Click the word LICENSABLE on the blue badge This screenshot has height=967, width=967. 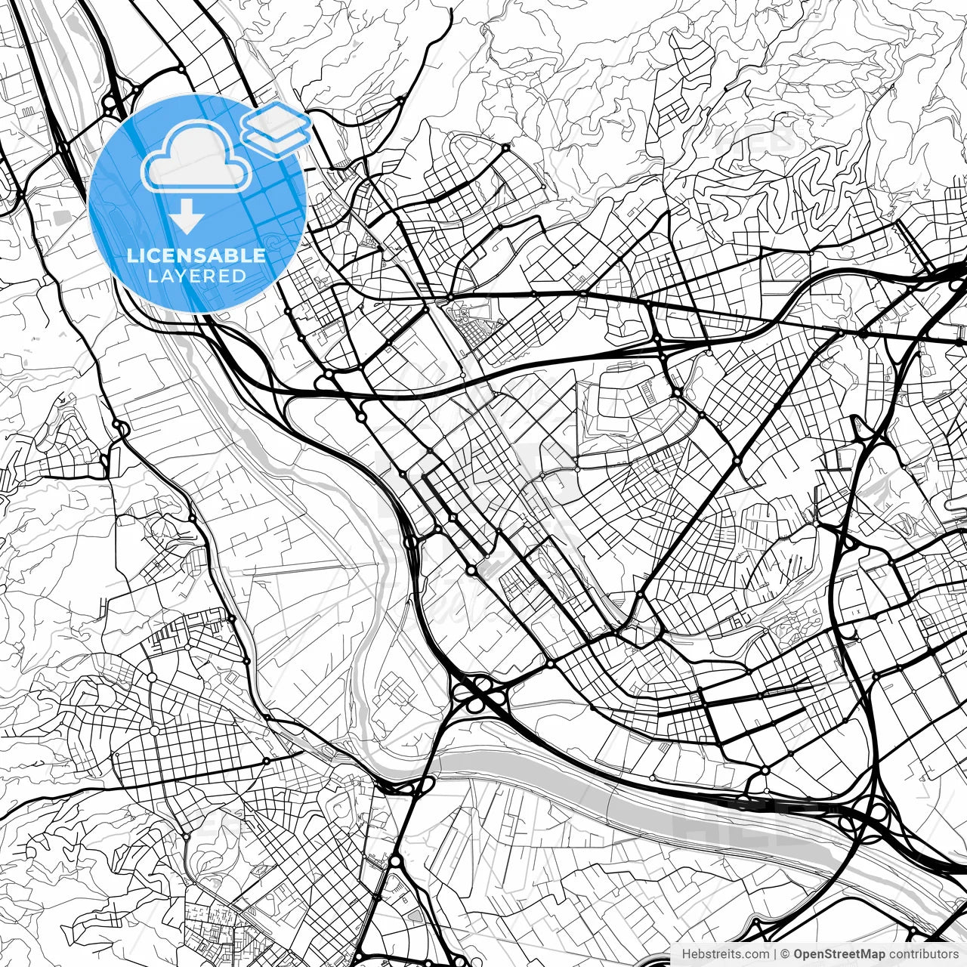196,255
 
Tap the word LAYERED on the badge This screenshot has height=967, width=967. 196,276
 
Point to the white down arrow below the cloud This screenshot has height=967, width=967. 187,218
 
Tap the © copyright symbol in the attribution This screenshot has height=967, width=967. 786,954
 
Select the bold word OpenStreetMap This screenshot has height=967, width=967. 839,954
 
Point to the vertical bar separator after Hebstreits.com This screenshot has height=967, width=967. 776,954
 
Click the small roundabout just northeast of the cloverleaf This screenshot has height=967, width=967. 549,663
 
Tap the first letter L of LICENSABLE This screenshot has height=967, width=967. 131,255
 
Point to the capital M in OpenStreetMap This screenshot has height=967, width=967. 867,954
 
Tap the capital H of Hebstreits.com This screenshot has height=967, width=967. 686,954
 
